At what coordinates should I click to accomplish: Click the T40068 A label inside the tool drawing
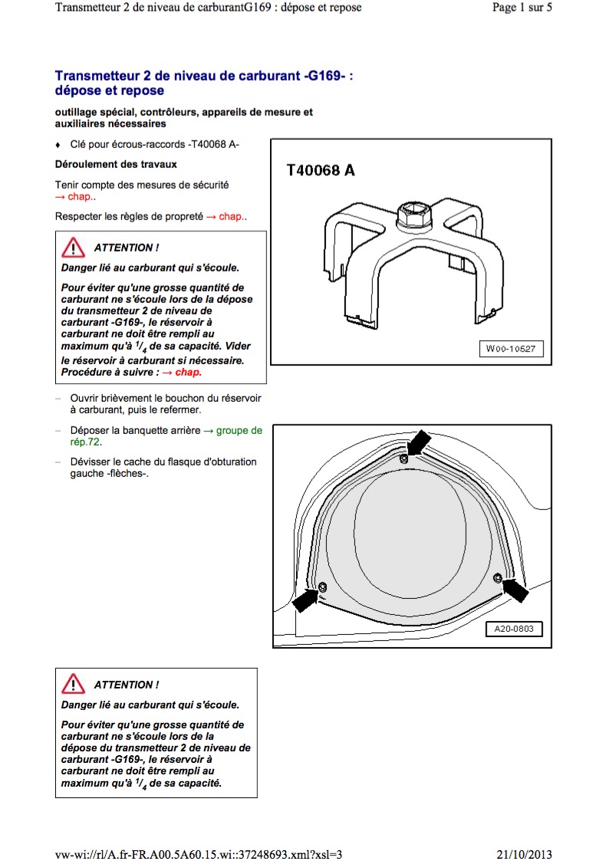[x=321, y=170]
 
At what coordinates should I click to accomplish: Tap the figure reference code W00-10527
[x=511, y=349]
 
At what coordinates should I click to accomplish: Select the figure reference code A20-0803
[x=514, y=629]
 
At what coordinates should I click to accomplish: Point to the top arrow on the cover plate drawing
[x=419, y=442]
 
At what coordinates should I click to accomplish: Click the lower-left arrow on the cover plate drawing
[x=305, y=599]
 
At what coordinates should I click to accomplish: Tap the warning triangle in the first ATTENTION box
[x=73, y=248]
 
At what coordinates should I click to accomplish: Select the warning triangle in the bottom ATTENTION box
[x=73, y=684]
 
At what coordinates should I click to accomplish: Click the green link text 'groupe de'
[x=239, y=431]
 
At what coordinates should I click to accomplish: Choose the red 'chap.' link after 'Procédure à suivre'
[x=189, y=373]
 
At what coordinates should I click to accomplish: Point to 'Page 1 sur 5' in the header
[x=522, y=7]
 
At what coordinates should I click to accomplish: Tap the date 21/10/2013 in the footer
[x=525, y=854]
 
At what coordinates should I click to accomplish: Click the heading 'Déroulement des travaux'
[x=116, y=164]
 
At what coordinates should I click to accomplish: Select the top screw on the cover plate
[x=403, y=458]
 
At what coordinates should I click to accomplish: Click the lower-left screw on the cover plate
[x=322, y=587]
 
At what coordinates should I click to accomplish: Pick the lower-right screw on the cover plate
[x=497, y=577]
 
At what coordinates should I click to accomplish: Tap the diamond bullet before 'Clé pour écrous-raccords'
[x=58, y=145]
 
